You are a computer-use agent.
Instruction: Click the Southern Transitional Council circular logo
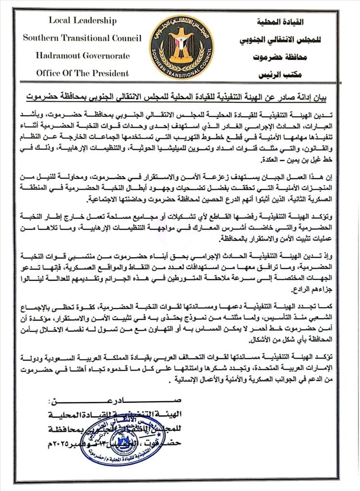coord(179,47)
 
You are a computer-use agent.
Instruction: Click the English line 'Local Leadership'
coord(82,21)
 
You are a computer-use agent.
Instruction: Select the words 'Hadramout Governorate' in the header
coord(82,56)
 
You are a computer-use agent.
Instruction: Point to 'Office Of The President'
coord(82,73)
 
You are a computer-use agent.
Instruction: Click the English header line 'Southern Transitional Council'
coord(82,38)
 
